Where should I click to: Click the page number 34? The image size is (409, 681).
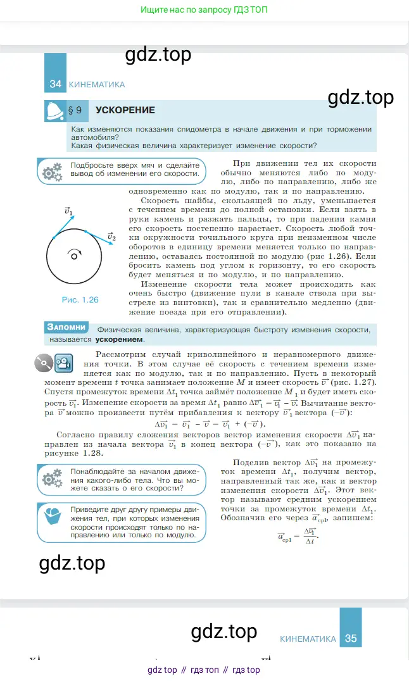[x=55, y=85]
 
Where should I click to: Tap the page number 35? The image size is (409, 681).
[x=351, y=639]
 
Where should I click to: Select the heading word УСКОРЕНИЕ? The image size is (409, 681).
[x=125, y=110]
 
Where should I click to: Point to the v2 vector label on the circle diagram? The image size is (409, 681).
[x=111, y=237]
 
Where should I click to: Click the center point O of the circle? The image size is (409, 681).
[x=74, y=256]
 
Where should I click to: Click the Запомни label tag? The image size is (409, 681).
[x=66, y=327]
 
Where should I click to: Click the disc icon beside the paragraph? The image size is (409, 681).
[x=43, y=364]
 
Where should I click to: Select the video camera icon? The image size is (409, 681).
[x=62, y=364]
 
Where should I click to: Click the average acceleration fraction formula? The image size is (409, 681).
[x=298, y=536]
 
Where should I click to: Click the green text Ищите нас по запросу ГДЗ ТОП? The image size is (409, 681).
[x=204, y=11]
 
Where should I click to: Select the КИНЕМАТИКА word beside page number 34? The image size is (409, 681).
[x=96, y=85]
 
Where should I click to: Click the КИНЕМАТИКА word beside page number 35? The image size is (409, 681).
[x=308, y=639]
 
